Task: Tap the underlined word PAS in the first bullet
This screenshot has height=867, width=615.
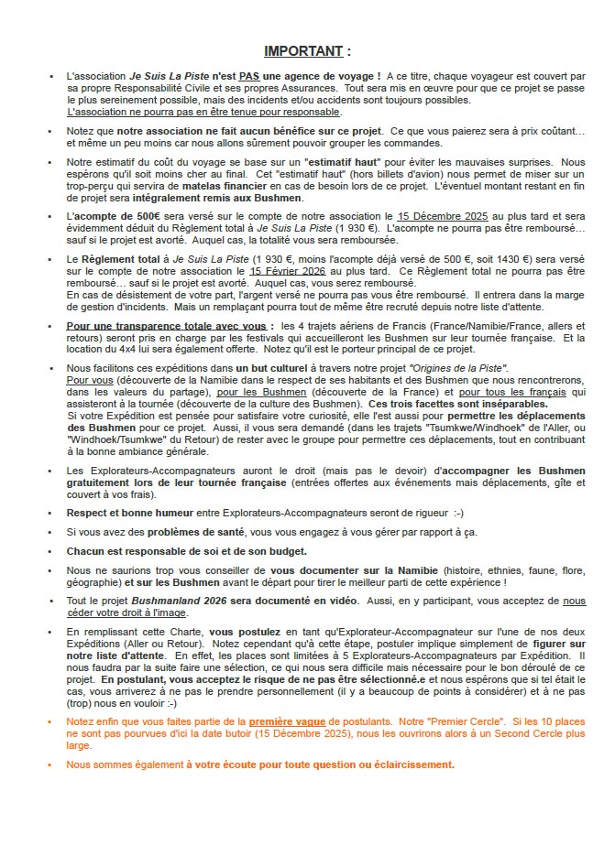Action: [x=250, y=75]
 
